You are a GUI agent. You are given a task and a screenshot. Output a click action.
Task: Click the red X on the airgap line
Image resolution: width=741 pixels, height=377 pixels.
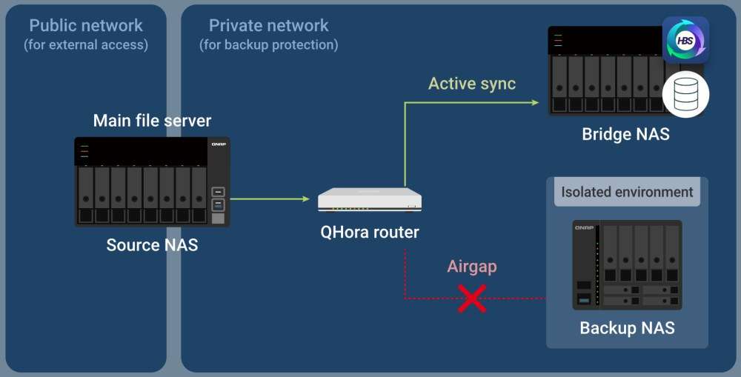coord(472,298)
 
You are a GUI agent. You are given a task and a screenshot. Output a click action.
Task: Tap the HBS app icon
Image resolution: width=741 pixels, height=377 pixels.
coord(685,40)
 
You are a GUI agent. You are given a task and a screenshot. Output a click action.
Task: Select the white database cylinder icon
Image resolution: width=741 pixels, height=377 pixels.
coord(685,94)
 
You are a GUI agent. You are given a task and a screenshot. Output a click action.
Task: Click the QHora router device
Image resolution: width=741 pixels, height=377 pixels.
coord(370,199)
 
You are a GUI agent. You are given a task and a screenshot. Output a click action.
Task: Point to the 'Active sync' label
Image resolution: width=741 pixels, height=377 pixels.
coord(472,83)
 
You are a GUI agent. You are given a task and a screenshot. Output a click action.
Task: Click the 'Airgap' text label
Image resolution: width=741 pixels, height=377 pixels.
coord(472,267)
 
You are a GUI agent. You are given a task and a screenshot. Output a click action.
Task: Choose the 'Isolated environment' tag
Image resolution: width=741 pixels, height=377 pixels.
coord(627,193)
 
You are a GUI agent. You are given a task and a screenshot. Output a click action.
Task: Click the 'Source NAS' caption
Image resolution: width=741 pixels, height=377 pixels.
coord(152,244)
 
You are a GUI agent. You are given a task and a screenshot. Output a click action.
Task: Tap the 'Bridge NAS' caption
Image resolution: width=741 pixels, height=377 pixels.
coord(625,134)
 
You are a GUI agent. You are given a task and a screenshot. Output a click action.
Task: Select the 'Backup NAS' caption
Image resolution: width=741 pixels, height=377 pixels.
coord(627,327)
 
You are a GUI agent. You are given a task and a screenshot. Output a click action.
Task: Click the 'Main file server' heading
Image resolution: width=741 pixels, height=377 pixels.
coord(152,120)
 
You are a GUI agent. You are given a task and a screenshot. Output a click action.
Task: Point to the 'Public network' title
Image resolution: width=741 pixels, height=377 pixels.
coord(86,25)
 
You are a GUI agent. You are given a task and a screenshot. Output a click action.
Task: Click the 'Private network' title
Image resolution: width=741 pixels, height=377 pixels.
coord(268,25)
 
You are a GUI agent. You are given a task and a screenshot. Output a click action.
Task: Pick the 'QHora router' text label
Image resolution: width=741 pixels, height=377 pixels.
coord(370,232)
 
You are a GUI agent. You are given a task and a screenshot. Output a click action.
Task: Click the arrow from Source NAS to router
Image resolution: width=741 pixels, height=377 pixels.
coord(270,198)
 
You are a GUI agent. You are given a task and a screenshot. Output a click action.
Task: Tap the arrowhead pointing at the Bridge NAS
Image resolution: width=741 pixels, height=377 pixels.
coord(534,102)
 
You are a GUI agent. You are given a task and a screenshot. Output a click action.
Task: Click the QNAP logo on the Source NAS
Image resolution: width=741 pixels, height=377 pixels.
coord(217,145)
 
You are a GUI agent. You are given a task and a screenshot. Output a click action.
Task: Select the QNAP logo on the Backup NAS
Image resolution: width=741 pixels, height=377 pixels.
coord(584,227)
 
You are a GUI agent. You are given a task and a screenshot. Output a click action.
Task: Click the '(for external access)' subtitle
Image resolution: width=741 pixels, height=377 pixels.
coord(86,44)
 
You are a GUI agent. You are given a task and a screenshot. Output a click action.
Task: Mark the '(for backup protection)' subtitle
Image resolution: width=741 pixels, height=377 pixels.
coord(268,44)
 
